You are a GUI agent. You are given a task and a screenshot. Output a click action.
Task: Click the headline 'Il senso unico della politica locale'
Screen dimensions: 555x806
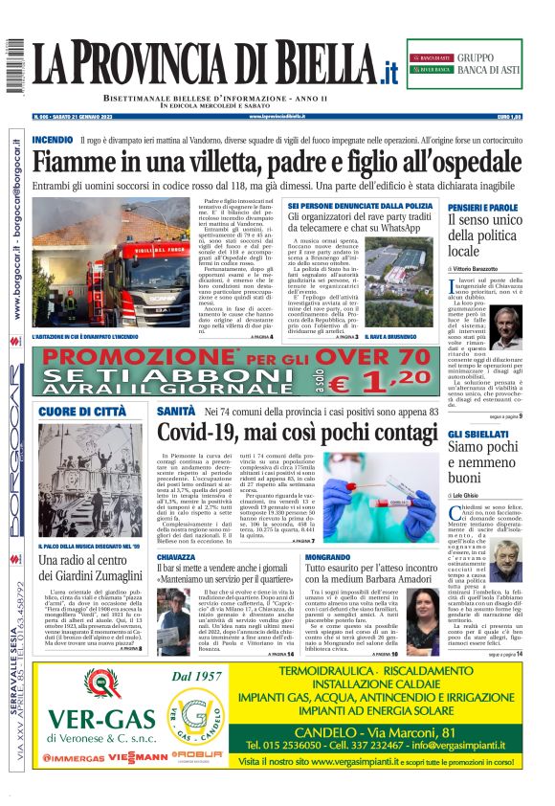coord(483,235)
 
